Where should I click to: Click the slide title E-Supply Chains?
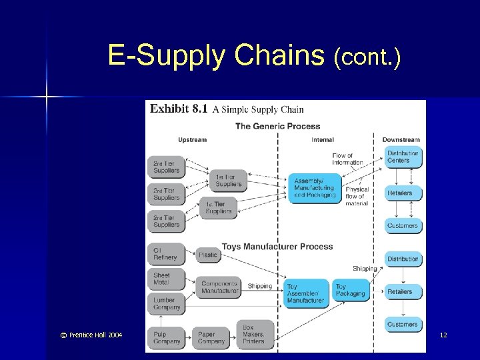pos(253,57)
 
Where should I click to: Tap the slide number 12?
pos(443,335)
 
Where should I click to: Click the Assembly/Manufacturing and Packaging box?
pos(314,187)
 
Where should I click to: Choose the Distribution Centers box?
pos(403,157)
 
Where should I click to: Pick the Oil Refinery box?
pos(165,254)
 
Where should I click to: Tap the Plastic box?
pos(208,255)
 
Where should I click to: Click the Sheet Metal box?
pos(165,279)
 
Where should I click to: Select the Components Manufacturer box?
pos(219,287)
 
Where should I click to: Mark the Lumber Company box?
pos(165,303)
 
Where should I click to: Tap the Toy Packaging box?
pos(350,290)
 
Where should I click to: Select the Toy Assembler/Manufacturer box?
pos(306,293)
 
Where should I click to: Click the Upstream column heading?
pos(192,140)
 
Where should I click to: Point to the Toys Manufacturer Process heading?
pos(277,247)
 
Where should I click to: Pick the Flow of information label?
pos(347,159)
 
